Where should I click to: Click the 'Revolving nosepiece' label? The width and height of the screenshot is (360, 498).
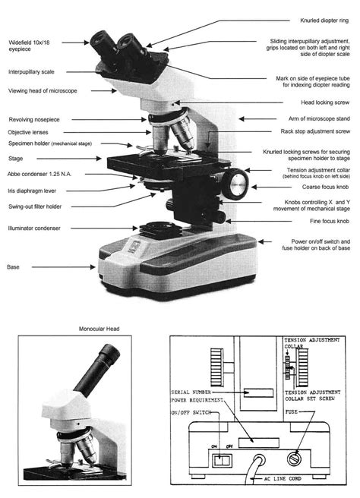(x=35, y=120)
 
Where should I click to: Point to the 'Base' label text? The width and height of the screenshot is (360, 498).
(x=14, y=267)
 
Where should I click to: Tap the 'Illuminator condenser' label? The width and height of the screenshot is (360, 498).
(x=36, y=228)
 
